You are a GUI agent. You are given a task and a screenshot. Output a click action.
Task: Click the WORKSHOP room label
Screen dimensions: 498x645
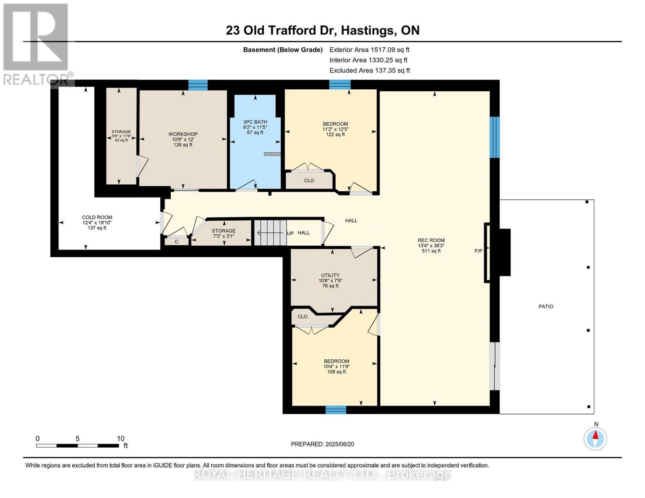[x=183, y=134]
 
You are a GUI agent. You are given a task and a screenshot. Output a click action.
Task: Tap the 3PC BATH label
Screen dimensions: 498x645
[x=255, y=122]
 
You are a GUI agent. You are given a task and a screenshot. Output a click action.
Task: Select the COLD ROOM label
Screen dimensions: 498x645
[x=97, y=217]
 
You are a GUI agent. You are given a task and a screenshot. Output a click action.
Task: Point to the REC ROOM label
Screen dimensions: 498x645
[x=431, y=240]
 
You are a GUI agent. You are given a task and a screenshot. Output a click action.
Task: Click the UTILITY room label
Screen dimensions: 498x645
[x=330, y=275]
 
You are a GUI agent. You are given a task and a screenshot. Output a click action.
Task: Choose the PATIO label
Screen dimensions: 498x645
[x=546, y=306]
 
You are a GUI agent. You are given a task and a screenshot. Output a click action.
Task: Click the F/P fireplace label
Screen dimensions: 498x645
[x=478, y=251]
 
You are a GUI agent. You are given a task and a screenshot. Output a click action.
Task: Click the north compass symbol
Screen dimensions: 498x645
[x=596, y=438]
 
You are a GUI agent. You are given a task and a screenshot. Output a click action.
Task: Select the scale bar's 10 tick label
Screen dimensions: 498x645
[x=120, y=439]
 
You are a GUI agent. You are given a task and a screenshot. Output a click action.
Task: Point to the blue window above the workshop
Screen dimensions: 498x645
[x=198, y=85]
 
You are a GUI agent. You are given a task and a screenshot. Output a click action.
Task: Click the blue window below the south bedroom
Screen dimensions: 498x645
[x=336, y=410]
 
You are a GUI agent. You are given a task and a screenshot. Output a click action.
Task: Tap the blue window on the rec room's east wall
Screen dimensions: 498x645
[x=494, y=137]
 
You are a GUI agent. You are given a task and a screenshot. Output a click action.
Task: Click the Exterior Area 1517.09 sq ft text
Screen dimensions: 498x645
[x=369, y=49]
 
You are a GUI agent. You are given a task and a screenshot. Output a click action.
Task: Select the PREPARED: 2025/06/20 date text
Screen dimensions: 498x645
[x=322, y=444]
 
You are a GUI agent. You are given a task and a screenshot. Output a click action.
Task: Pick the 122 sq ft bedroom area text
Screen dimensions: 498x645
[x=335, y=134]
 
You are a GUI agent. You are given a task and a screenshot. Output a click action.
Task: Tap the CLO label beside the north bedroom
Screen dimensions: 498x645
[x=309, y=181]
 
